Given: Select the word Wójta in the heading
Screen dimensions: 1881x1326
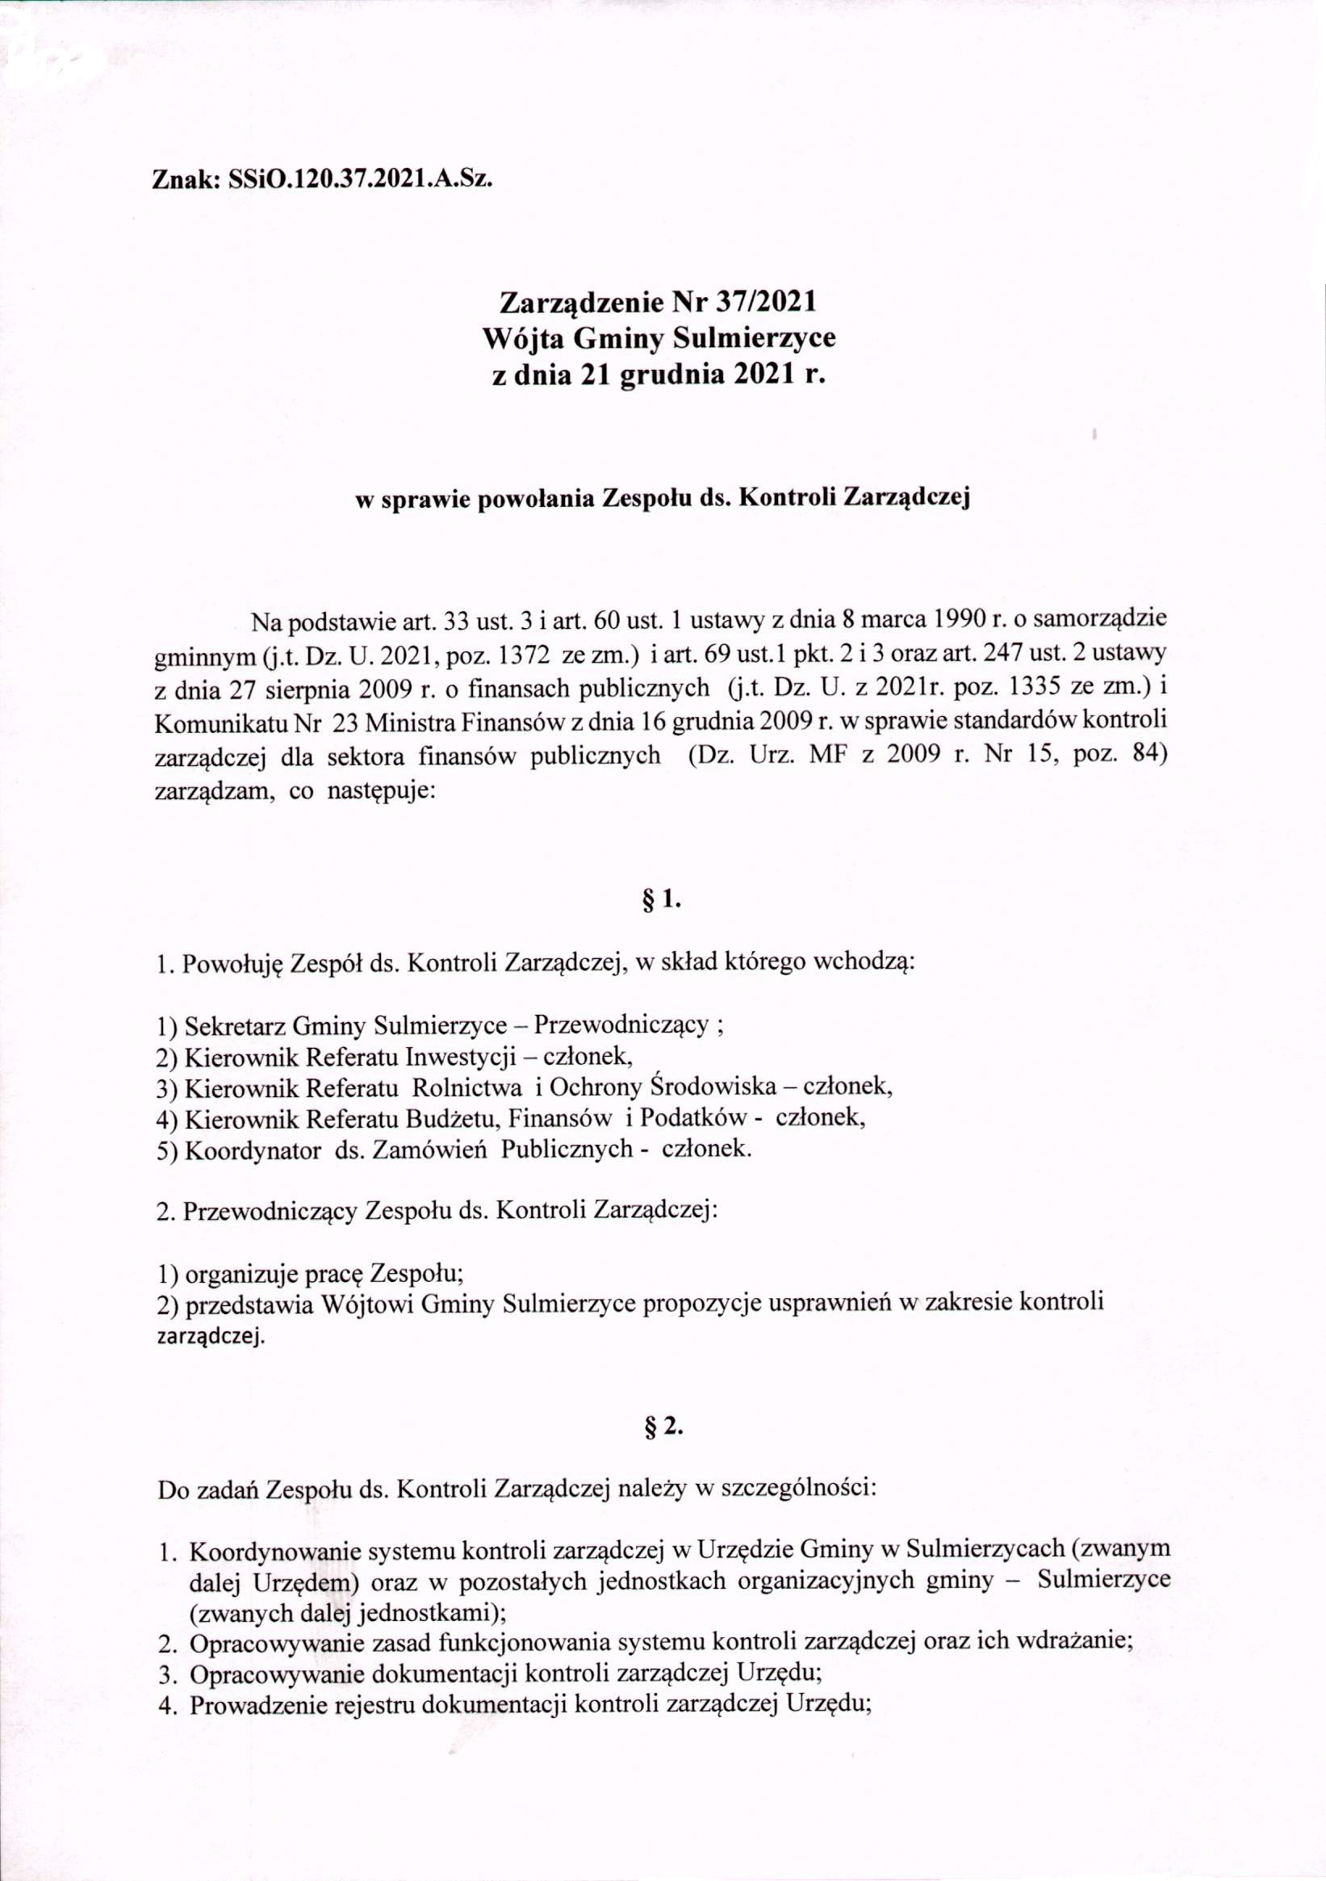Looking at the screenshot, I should [521, 337].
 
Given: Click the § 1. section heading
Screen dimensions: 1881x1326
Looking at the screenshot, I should [663, 900].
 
